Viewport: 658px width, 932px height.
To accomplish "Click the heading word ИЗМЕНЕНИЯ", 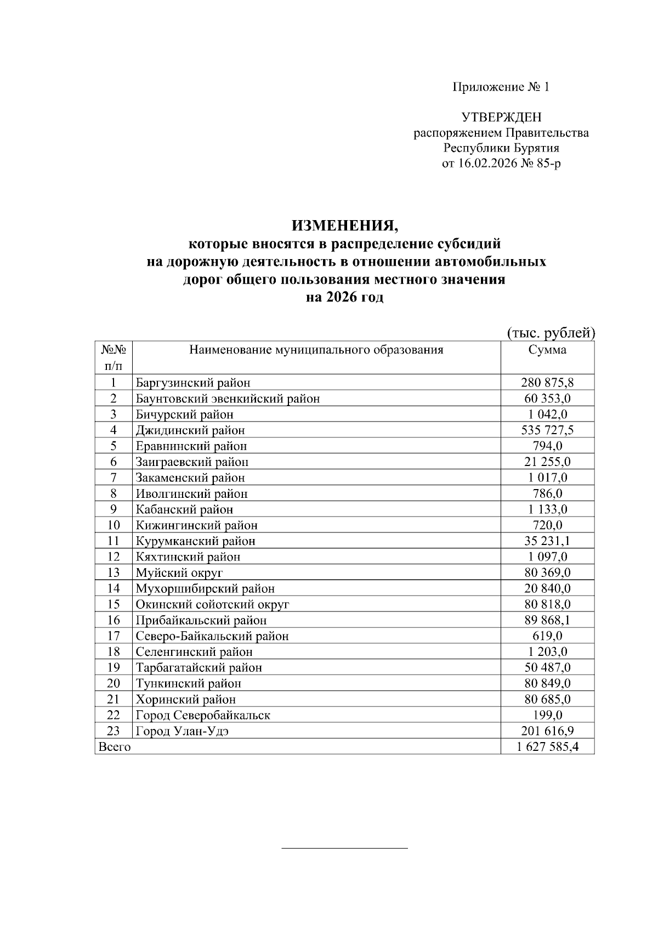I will [343, 226].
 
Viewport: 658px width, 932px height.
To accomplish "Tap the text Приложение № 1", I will [500, 87].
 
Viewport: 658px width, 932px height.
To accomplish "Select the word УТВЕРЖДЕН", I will [501, 117].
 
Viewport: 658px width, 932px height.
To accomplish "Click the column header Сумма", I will [547, 350].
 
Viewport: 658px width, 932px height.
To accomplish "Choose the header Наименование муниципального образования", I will [316, 350].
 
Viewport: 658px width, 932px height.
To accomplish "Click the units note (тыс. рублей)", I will [550, 333].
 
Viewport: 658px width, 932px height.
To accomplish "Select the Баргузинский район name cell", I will [193, 383].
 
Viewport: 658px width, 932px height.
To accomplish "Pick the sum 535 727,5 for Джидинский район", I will [547, 430].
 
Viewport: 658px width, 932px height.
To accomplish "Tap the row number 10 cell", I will [114, 525].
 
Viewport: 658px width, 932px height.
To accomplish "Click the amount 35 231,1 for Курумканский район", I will [547, 541].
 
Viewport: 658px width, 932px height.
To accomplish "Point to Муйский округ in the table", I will [179, 573].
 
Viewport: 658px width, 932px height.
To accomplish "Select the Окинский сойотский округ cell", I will [212, 605].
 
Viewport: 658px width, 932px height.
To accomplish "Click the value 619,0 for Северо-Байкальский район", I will [547, 636].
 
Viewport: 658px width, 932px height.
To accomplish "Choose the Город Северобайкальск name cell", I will [203, 715].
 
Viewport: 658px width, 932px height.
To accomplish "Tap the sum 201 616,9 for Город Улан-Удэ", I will [547, 731].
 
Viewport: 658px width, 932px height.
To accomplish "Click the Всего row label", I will [114, 747].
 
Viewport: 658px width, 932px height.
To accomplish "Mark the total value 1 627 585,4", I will [547, 747].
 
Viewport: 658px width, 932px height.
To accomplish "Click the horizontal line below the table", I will [344, 849].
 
